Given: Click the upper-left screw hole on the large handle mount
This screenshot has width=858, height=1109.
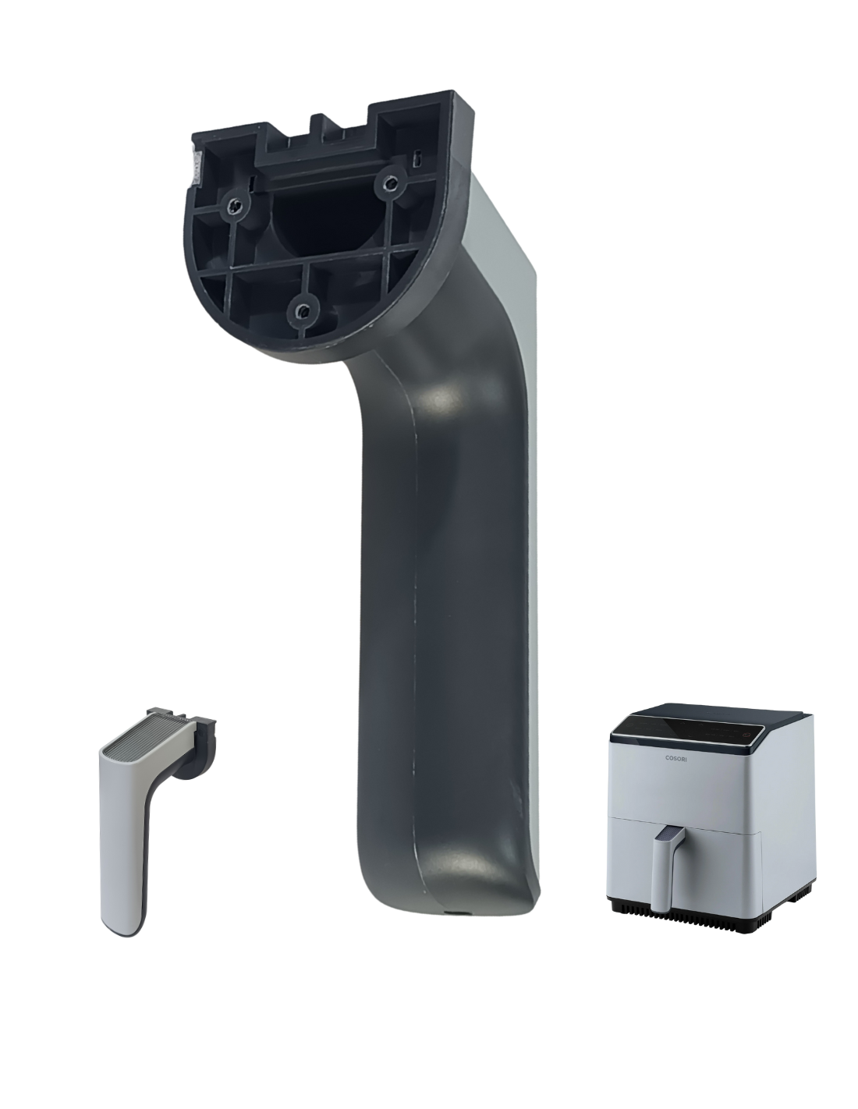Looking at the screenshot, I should [235, 206].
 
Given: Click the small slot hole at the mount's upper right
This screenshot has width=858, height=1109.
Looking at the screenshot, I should [420, 159].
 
